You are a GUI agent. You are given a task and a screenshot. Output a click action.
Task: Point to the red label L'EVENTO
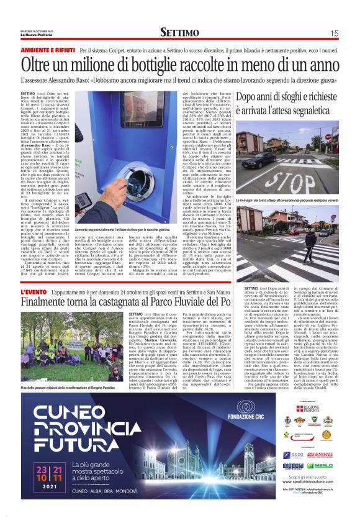coord(34,292)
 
